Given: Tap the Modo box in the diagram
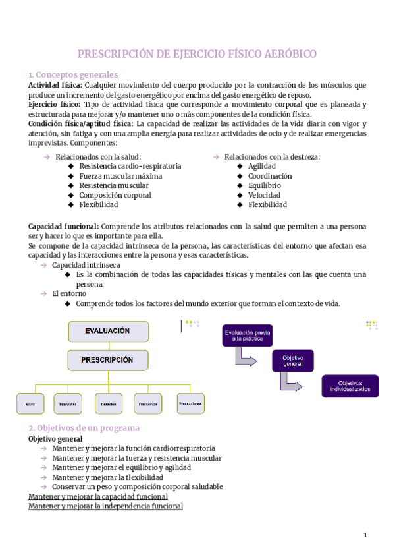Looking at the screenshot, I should pyautogui.click(x=30, y=403).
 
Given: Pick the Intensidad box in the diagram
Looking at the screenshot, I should pyautogui.click(x=68, y=403).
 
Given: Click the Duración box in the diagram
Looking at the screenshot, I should pyautogui.click(x=108, y=403).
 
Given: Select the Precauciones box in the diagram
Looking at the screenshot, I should pyautogui.click(x=190, y=402).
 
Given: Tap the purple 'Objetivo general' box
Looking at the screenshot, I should pyautogui.click(x=292, y=361).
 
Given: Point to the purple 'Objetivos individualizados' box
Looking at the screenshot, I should pyautogui.click(x=350, y=386).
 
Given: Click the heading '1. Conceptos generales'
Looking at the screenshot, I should pyautogui.click(x=73, y=74).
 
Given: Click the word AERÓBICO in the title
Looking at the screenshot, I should pyautogui.click(x=286, y=53).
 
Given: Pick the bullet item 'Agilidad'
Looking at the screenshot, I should pyautogui.click(x=262, y=166).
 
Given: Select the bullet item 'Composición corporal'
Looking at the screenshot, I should pyautogui.click(x=115, y=195).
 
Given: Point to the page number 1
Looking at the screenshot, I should pyautogui.click(x=365, y=534).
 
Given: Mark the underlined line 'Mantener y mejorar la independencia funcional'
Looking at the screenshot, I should pyautogui.click(x=105, y=506).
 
